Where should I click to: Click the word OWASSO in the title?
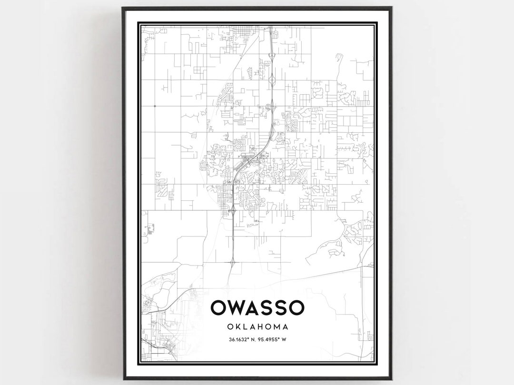(x=257, y=308)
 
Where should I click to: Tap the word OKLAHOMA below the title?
(x=257, y=327)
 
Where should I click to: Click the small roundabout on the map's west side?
(x=155, y=105)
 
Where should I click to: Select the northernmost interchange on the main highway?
(x=271, y=56)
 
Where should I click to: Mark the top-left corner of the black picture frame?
(x=123, y=8)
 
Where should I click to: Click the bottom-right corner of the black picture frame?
(x=391, y=379)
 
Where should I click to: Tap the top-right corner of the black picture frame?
(x=391, y=8)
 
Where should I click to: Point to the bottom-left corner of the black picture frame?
(x=123, y=379)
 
